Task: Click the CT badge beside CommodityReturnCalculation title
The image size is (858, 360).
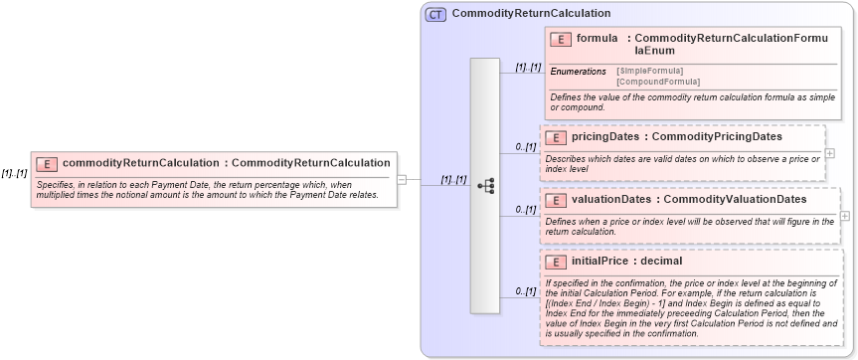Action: (435, 15)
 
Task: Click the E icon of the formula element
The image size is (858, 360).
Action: (560, 40)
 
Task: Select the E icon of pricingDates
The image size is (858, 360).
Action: (555, 137)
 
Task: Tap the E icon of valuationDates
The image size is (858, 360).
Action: (555, 201)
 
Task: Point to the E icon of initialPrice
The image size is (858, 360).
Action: (555, 262)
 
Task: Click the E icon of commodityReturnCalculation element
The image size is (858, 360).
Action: (46, 163)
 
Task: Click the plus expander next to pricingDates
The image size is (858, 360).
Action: (830, 153)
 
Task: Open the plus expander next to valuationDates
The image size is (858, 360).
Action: (845, 216)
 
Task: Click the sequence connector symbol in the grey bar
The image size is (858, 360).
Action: (486, 186)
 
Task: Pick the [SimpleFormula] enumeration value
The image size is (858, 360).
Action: (649, 71)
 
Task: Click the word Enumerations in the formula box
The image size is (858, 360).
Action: (579, 72)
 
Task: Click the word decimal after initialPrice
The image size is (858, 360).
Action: (661, 262)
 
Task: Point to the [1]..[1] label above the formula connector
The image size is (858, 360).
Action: (528, 68)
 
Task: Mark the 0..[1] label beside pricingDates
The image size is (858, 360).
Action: (525, 147)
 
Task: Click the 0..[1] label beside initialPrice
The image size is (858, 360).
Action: (525, 291)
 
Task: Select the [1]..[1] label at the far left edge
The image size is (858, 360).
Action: (14, 173)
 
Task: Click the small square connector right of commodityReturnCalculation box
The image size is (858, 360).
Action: (402, 180)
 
